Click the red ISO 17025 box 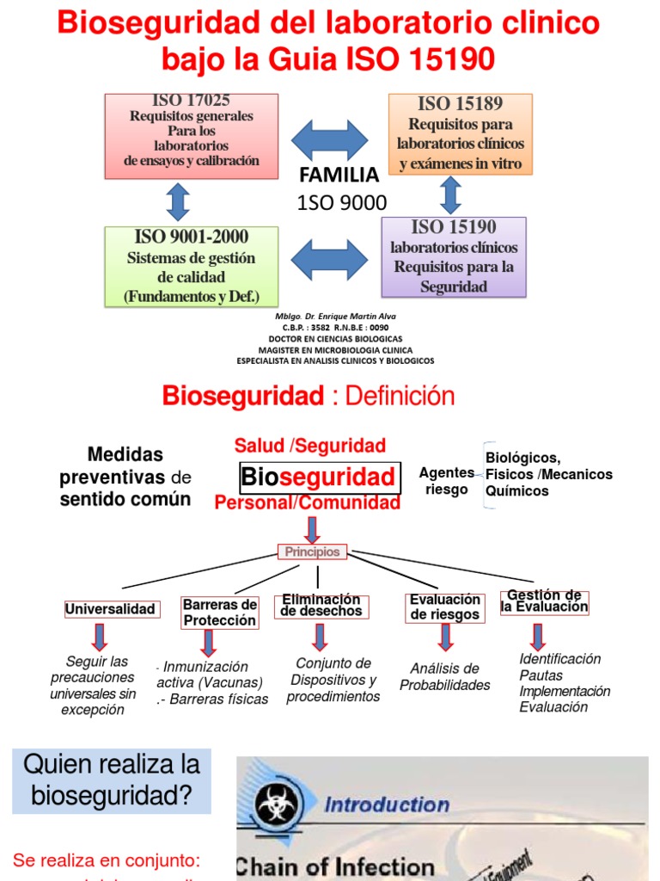pos(192,135)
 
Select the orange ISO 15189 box pos(460,134)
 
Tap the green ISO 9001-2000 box pos(192,266)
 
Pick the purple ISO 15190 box pos(454,256)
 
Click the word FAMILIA pos(339,176)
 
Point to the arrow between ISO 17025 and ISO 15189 pos(330,139)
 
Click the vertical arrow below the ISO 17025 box pos(178,201)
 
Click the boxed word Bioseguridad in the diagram pos(319,477)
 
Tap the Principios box pos(313,552)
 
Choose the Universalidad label pos(111,609)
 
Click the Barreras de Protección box pos(220,613)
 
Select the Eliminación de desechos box pos(321,606)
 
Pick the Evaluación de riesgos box pos(444,607)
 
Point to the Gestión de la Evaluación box pos(544,601)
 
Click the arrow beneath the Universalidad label pos(100,637)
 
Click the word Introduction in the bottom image pos(386,804)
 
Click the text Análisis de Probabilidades pos(444,676)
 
